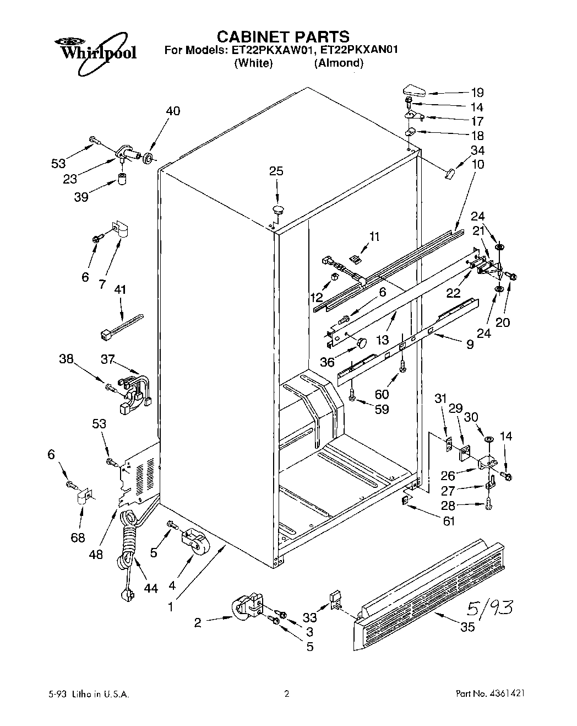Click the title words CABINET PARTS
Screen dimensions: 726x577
coord(282,36)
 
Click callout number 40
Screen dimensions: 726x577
coord(172,111)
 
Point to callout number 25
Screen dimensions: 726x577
coord(276,171)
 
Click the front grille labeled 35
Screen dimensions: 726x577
coord(429,590)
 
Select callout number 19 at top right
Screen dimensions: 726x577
coord(477,93)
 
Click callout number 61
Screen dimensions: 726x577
coord(449,521)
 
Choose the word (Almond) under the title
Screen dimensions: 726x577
coord(339,63)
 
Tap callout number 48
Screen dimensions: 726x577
coord(96,554)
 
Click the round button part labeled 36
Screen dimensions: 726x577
coord(361,343)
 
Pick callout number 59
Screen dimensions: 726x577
coord(381,410)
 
